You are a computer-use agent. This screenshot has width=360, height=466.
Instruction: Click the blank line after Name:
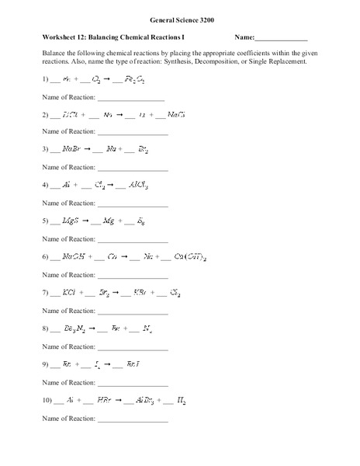[x=282, y=40]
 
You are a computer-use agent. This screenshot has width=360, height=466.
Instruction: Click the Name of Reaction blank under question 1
[x=130, y=99]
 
